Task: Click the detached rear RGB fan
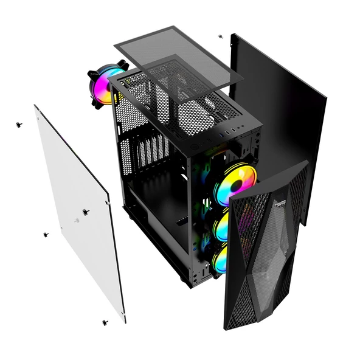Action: [x=103, y=87]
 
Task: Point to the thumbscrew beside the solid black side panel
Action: [x=220, y=36]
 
